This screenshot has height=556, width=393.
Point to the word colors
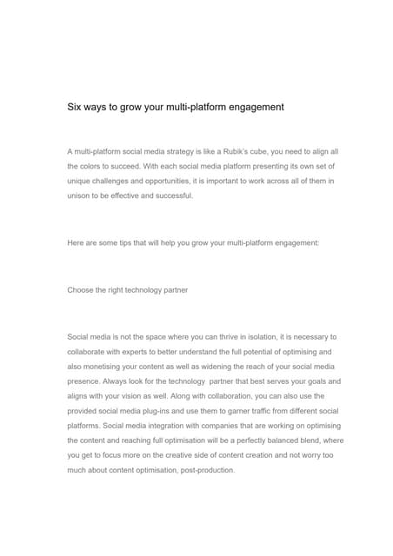[96, 166]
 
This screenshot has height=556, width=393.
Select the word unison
[80, 195]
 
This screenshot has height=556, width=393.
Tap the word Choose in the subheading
[82, 289]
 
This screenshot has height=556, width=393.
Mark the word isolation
[257, 336]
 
